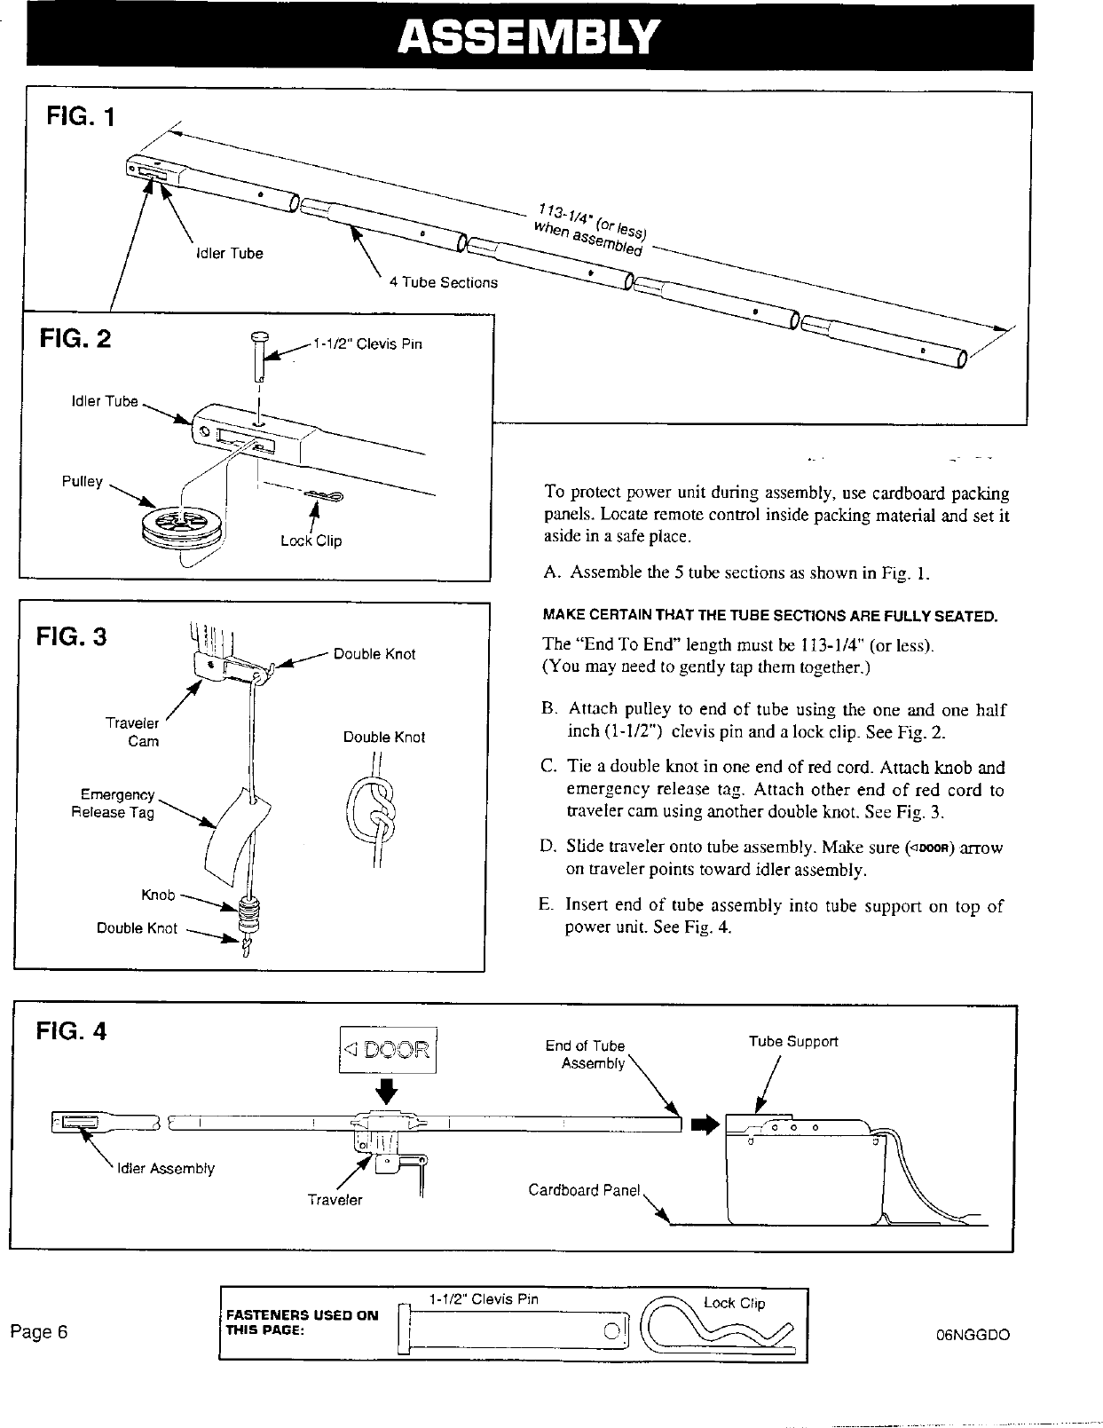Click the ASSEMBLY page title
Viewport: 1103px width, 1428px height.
[x=529, y=38]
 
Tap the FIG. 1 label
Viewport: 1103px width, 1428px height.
[x=81, y=117]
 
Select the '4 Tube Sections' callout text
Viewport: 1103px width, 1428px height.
[x=444, y=282]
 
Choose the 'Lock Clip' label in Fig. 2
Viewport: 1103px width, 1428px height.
[x=311, y=540]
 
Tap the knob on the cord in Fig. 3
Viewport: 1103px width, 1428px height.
[x=251, y=911]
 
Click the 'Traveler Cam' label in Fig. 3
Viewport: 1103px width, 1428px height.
[x=134, y=732]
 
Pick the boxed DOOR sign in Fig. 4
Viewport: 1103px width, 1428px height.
[x=388, y=1050]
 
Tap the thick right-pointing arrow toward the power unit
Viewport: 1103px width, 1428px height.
[x=704, y=1125]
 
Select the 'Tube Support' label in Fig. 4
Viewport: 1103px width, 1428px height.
[x=793, y=1041]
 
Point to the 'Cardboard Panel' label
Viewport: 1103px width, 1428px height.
[x=584, y=1190]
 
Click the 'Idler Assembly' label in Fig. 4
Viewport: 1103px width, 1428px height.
[x=166, y=1169]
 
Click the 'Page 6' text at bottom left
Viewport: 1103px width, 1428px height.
[x=39, y=1332]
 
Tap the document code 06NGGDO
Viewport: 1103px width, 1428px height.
[x=973, y=1335]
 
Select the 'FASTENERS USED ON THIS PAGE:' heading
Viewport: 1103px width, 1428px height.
[x=303, y=1322]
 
